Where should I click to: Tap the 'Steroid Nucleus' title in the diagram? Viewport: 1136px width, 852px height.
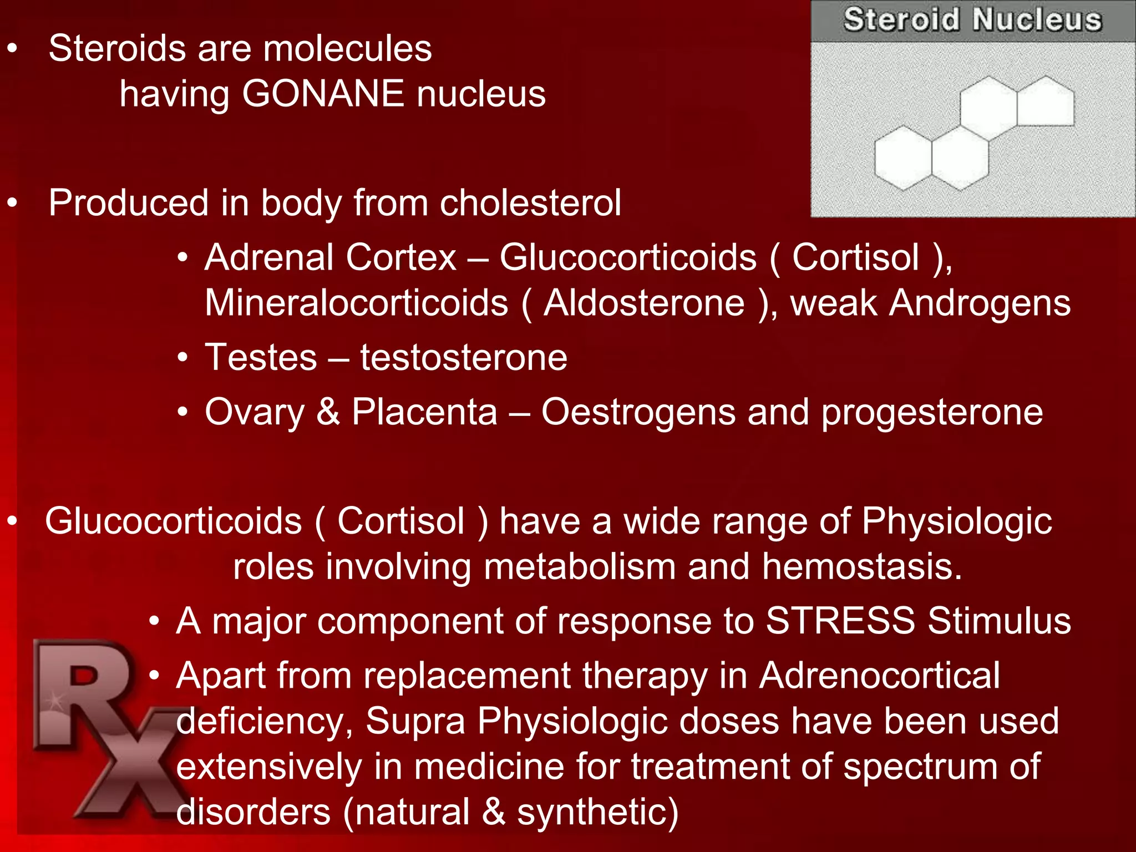972,20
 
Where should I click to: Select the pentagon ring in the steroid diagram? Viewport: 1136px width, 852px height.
1045,103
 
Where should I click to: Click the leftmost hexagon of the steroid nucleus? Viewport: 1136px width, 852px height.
903,158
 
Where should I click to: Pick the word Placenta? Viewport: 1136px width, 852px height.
424,412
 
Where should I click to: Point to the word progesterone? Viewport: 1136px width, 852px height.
932,413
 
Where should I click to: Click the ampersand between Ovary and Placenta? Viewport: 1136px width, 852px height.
328,412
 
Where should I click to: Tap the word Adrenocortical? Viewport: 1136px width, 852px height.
879,675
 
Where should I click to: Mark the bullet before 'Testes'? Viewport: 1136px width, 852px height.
183,358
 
